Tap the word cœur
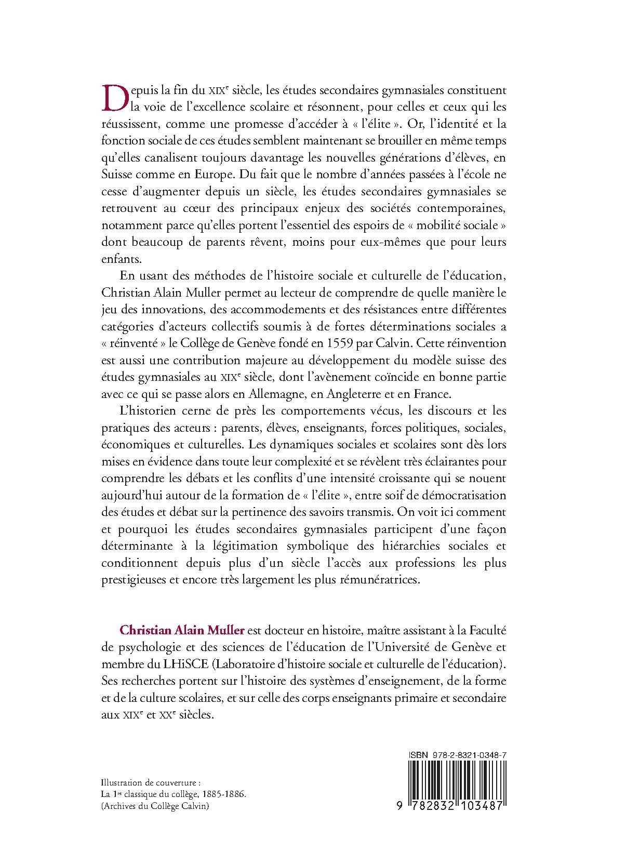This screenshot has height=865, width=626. pos(188,208)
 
